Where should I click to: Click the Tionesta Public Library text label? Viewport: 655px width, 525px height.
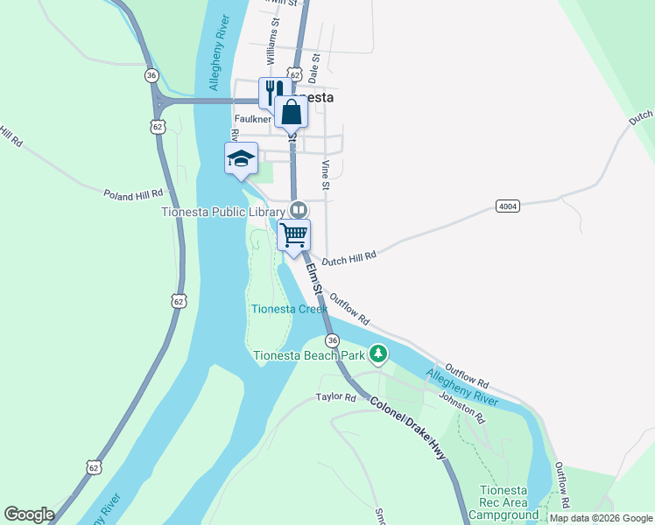pyautogui.click(x=223, y=211)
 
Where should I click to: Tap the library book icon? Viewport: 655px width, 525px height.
pyautogui.click(x=299, y=210)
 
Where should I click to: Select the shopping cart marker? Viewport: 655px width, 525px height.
pyautogui.click(x=294, y=234)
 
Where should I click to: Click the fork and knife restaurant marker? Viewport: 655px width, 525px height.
pyautogui.click(x=274, y=92)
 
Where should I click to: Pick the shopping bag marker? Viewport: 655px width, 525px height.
pyautogui.click(x=291, y=112)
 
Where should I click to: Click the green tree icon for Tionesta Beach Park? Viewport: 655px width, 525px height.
pyautogui.click(x=378, y=354)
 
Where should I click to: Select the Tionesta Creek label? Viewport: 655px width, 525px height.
pyautogui.click(x=290, y=309)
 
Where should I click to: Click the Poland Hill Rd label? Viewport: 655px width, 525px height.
pyautogui.click(x=133, y=193)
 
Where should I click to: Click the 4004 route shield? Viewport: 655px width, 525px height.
pyautogui.click(x=506, y=206)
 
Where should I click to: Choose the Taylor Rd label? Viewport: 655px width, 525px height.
pyautogui.click(x=336, y=397)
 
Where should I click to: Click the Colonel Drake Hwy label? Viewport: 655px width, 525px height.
pyautogui.click(x=408, y=430)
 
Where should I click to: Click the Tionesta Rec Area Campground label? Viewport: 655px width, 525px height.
pyautogui.click(x=503, y=503)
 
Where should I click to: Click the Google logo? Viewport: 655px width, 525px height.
pyautogui.click(x=29, y=514)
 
